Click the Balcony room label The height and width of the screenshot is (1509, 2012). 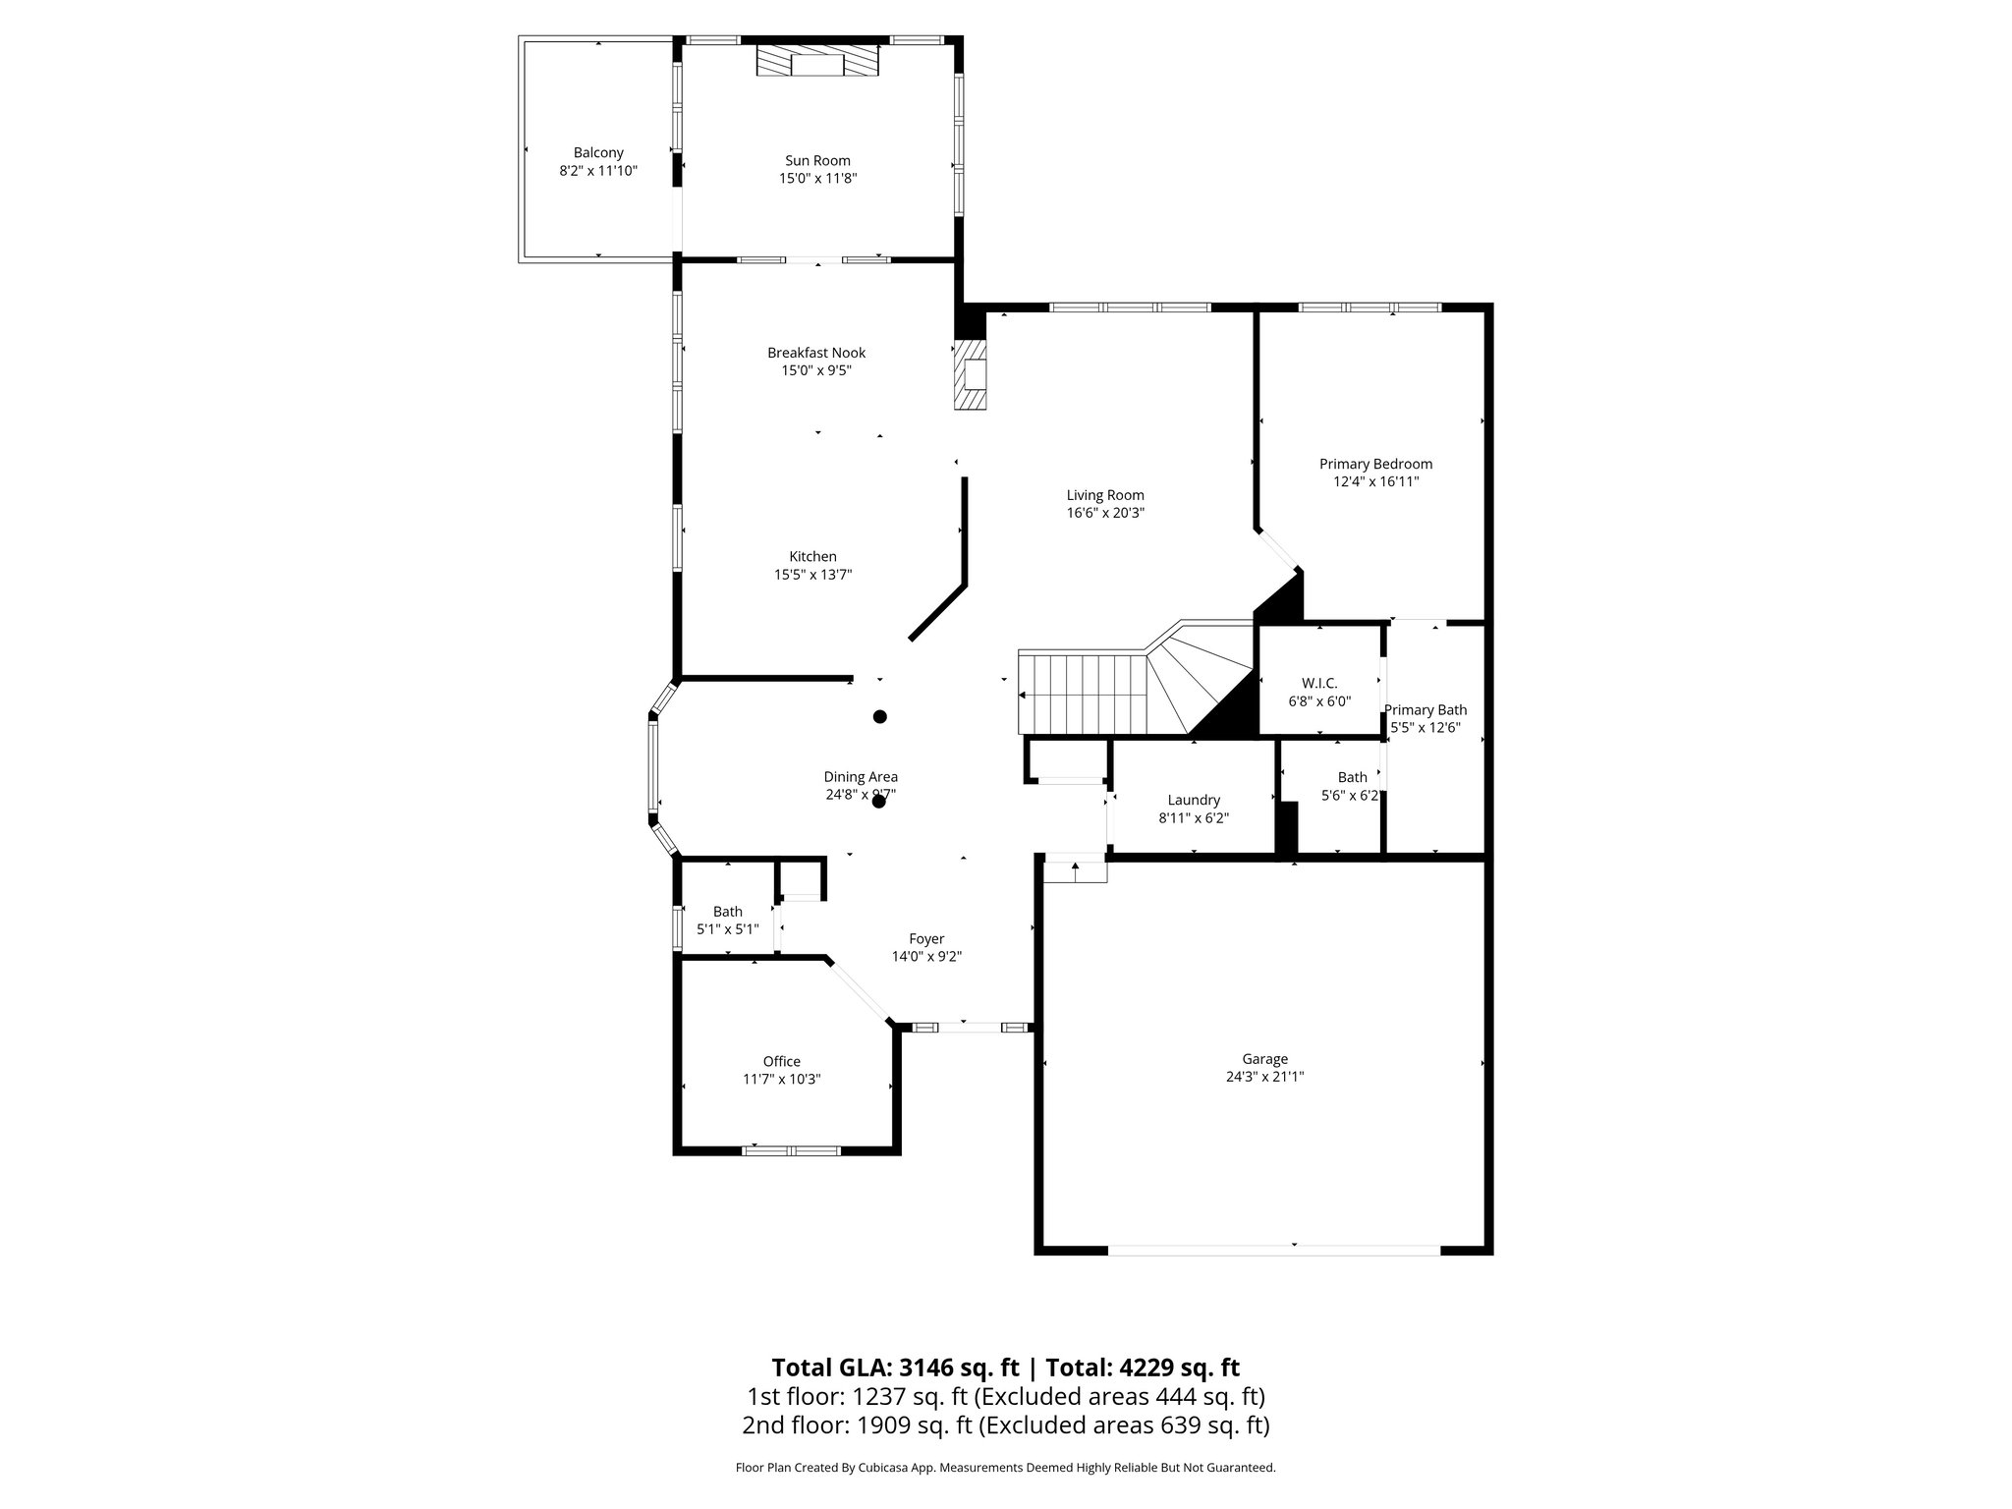click(x=598, y=152)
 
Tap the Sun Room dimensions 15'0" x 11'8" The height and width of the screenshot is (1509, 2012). click(x=817, y=179)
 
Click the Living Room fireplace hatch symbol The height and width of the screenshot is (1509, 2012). click(x=972, y=374)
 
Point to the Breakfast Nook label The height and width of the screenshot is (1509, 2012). click(x=816, y=353)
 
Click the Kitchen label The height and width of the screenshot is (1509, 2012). click(x=812, y=557)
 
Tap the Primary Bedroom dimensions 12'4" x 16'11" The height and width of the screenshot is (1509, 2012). click(x=1375, y=481)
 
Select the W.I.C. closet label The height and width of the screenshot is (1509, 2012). click(x=1319, y=683)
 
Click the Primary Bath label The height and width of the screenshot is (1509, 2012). click(x=1425, y=710)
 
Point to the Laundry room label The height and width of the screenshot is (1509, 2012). click(x=1194, y=800)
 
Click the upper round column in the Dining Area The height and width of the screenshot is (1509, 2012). click(x=880, y=716)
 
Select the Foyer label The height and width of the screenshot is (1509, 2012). click(x=926, y=939)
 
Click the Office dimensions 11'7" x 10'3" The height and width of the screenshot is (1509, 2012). click(x=781, y=1079)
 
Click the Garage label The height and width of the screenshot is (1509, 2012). click(x=1264, y=1059)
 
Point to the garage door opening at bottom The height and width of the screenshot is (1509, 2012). click(x=1274, y=1249)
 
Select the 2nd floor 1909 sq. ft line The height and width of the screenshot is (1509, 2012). click(x=1005, y=1425)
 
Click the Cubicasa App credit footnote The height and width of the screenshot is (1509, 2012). click(x=1005, y=1468)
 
